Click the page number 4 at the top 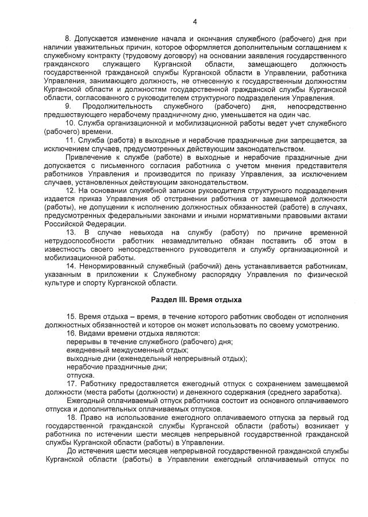tap(195, 22)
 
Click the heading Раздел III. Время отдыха tap(196, 300)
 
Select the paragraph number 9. tap(68, 107)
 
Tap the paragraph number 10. tap(70, 124)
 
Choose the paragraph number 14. tap(70, 267)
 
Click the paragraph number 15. tap(70, 317)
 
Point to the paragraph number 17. tap(70, 383)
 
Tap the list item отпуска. tap(80, 375)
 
